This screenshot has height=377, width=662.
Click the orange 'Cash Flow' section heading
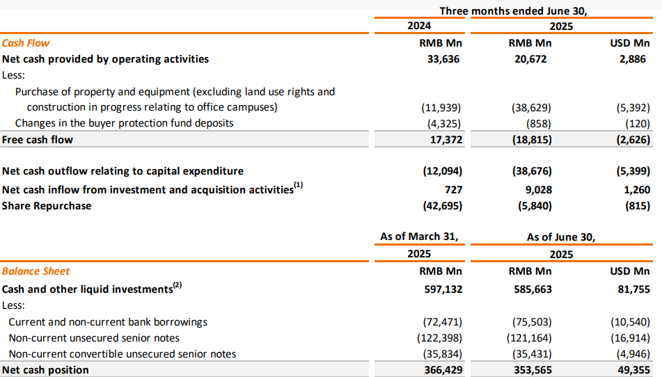pyautogui.click(x=26, y=43)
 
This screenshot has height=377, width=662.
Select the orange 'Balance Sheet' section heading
pyautogui.click(x=36, y=271)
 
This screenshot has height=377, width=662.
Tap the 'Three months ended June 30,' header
pyautogui.click(x=514, y=11)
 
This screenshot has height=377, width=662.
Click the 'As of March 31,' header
pyautogui.click(x=419, y=236)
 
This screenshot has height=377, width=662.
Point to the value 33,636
pyautogui.click(x=443, y=59)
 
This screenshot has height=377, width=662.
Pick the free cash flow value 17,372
pyautogui.click(x=446, y=140)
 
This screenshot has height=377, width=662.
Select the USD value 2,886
pyautogui.click(x=633, y=59)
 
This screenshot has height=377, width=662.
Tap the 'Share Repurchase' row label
pyautogui.click(x=47, y=206)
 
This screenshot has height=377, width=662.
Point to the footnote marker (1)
pyautogui.click(x=299, y=185)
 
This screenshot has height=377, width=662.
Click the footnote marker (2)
pyautogui.click(x=178, y=285)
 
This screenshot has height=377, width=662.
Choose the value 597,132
pyautogui.click(x=443, y=289)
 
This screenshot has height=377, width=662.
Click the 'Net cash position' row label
pyautogui.click(x=46, y=370)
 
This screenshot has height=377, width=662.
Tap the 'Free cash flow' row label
pyautogui.click(x=38, y=140)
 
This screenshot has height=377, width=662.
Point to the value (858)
pyautogui.click(x=539, y=124)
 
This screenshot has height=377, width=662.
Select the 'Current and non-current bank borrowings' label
pyautogui.click(x=108, y=322)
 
